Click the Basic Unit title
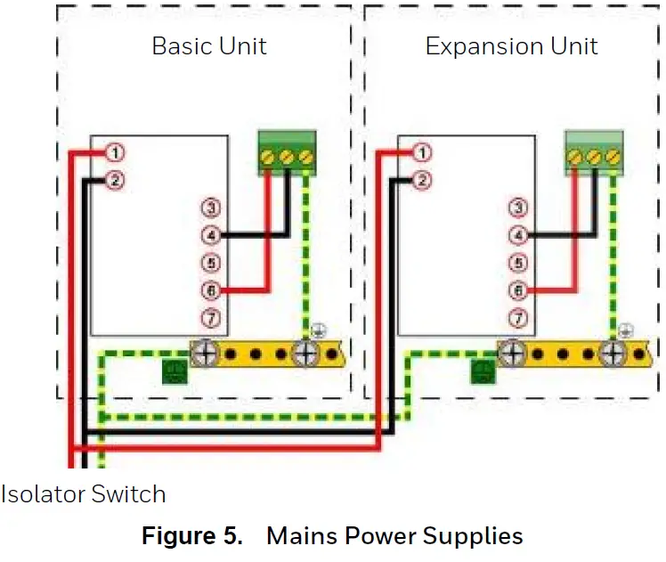coord(209,46)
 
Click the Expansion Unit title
coord(511,46)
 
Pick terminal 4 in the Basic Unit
coord(211,236)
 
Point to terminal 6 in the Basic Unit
coord(211,290)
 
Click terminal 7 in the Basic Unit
coord(211,318)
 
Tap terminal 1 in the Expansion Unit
coord(421,152)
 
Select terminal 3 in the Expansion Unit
coord(517,208)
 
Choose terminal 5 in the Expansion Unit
coord(517,264)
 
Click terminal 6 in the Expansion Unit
coord(517,290)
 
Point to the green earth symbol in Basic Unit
coord(175,371)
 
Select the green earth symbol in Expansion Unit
coord(483,371)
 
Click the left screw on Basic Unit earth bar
coord(204,354)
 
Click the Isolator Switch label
coord(83,493)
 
